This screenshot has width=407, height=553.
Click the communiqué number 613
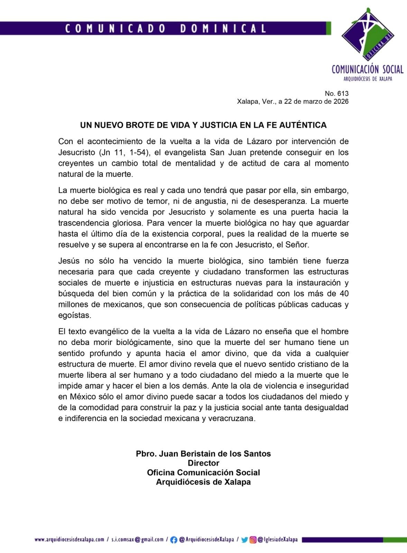pos(344,93)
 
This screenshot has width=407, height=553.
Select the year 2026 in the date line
pos(341,102)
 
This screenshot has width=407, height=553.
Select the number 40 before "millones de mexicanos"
pos(343,294)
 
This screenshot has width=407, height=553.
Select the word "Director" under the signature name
pos(203,463)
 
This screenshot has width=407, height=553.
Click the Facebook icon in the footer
pos(174,540)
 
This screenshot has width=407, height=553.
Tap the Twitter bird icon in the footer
pos(244,540)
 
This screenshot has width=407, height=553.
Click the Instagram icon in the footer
pos(253,540)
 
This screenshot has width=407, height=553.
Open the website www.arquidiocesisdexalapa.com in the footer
pos(69,540)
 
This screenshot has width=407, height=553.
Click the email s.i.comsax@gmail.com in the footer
pos(138,540)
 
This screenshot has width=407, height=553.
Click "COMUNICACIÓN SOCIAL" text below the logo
pos(368,69)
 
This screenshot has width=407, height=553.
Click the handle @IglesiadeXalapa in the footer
pos(278,540)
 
